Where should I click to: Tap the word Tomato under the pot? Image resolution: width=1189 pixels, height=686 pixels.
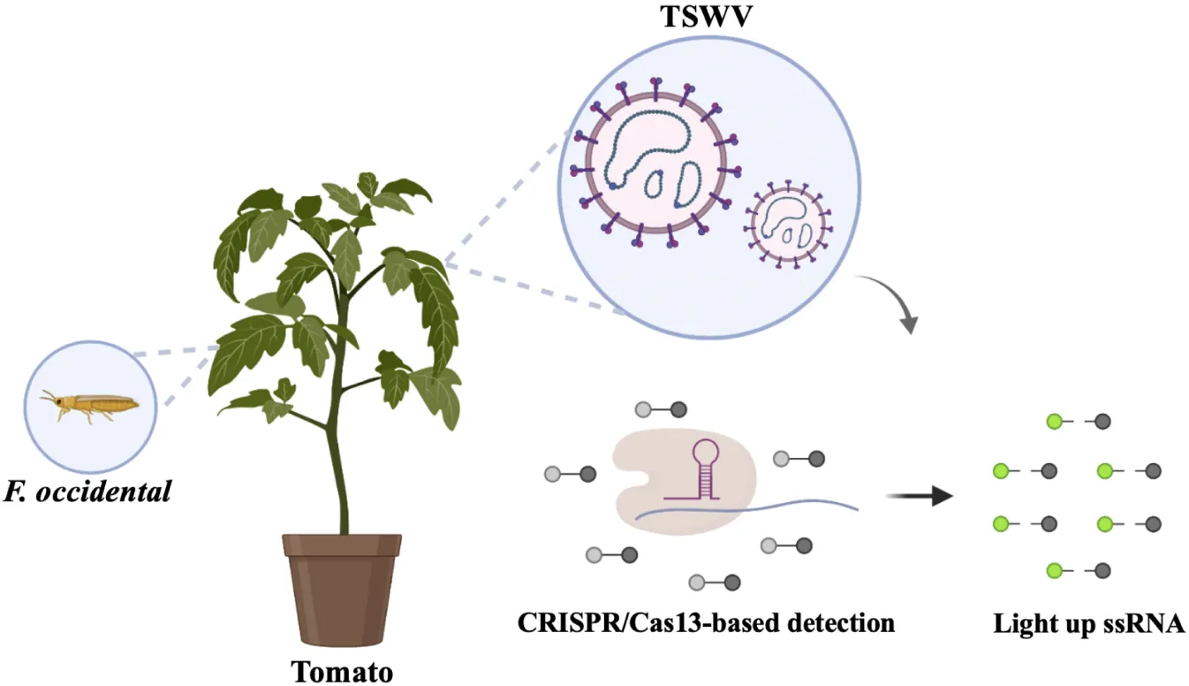tap(342, 671)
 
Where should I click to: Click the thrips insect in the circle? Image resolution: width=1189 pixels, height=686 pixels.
tap(89, 407)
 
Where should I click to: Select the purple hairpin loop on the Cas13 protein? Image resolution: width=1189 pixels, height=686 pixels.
tap(704, 452)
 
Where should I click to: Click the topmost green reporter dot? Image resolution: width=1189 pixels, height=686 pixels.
tap(1054, 422)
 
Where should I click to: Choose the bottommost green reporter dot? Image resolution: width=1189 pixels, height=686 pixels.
tap(1054, 571)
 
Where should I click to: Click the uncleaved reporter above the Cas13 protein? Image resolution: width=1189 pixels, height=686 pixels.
tap(661, 409)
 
